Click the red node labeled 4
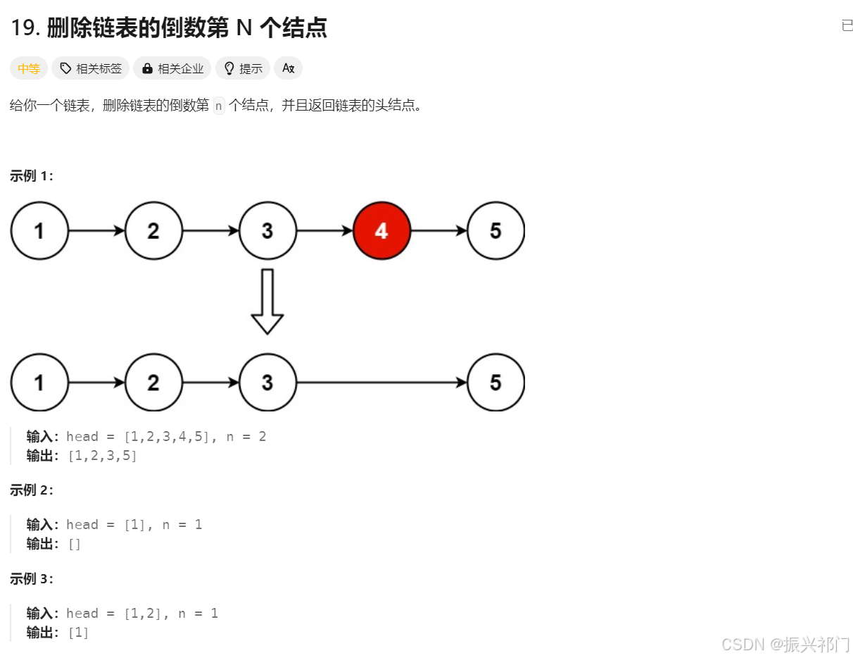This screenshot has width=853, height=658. [381, 230]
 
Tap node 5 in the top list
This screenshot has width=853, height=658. [495, 230]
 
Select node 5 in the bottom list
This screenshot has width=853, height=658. [495, 383]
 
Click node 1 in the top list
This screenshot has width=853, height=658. [39, 230]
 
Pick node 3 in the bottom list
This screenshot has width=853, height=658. [267, 383]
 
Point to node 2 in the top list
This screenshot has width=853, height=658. [153, 230]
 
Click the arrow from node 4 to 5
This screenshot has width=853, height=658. [438, 230]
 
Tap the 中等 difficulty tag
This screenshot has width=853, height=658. [29, 68]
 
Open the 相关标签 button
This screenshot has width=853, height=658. [91, 68]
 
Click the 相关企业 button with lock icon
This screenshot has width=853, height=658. [172, 68]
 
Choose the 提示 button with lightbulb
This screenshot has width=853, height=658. [243, 68]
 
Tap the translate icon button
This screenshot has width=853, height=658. [288, 68]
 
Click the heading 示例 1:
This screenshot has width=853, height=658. [32, 176]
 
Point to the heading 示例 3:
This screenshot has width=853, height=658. [32, 579]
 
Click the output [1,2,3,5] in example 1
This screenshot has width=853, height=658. [102, 456]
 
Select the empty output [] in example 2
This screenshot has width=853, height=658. [74, 544]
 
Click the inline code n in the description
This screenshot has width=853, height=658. [219, 106]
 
